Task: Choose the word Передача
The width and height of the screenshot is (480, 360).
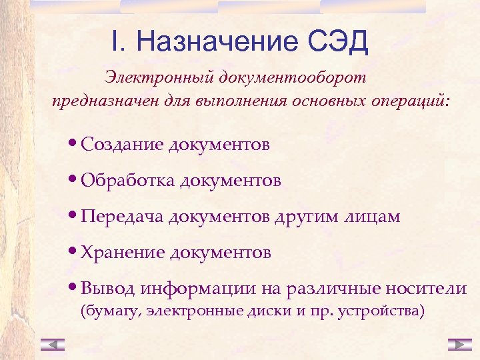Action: pos(123,217)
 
